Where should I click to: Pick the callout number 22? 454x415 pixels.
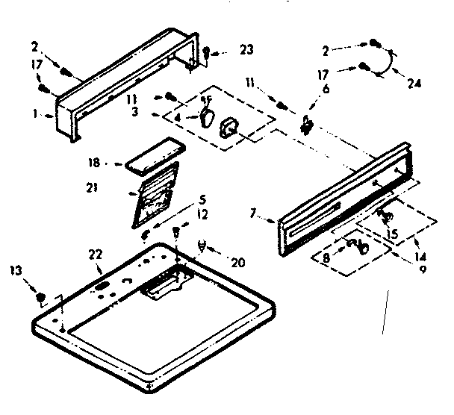coord(96,255)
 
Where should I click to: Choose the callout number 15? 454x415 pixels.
coord(394,232)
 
